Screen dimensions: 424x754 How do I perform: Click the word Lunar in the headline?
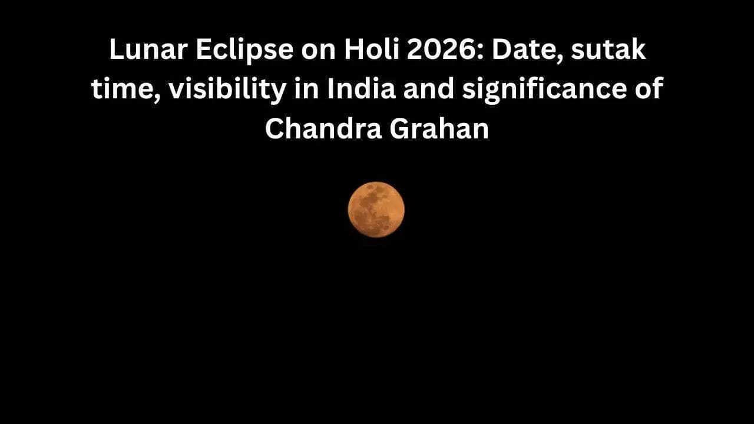(144, 51)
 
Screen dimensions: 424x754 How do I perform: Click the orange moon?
(376, 210)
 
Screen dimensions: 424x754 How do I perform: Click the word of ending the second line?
(650, 90)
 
